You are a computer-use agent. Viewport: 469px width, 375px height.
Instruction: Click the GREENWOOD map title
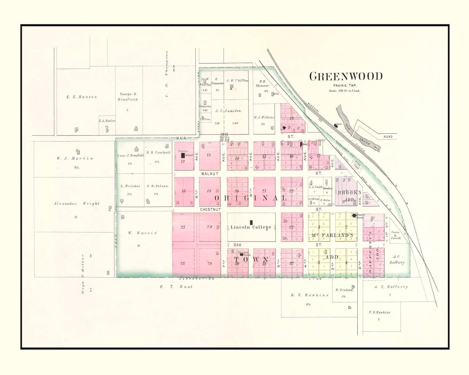point(346,76)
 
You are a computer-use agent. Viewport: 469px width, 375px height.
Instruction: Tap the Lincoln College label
point(251,227)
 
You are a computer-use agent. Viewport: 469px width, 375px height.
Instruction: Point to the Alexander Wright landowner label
point(77,204)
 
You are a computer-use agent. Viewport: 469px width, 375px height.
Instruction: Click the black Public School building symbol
point(183,155)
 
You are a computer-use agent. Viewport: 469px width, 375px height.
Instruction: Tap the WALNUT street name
point(209,173)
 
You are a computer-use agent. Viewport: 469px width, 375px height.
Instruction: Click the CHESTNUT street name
point(210,209)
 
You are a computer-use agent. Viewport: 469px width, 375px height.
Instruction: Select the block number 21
point(264,191)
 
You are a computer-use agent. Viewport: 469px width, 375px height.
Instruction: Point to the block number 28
point(183,263)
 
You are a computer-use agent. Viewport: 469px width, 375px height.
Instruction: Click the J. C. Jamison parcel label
point(228,111)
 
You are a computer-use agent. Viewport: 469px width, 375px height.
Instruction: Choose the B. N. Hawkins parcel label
point(305,295)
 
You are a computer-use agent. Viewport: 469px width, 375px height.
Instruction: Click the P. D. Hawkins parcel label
point(379,312)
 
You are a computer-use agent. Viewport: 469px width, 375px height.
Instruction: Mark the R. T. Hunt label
point(176,287)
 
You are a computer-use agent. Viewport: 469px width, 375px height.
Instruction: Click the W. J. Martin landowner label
point(75,158)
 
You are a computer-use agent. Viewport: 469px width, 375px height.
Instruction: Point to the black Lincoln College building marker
point(251,222)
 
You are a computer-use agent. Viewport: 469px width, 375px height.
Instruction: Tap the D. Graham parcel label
point(344,290)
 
